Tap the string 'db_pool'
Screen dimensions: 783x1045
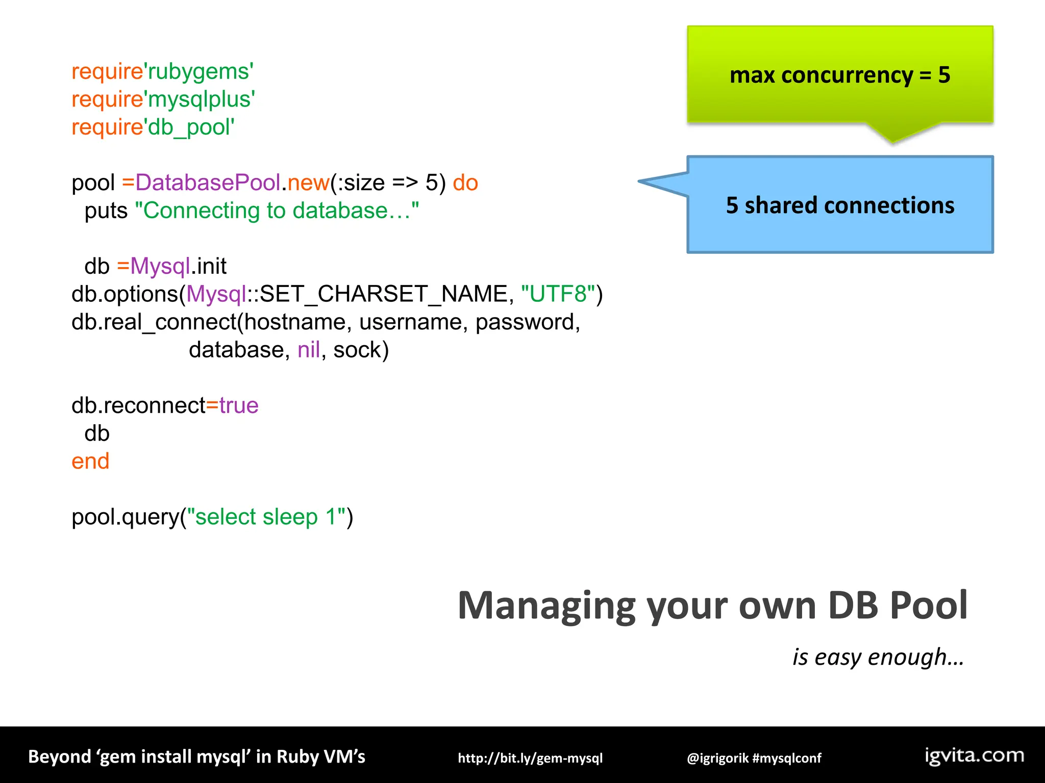click(190, 127)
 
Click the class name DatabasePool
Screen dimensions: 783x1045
click(208, 183)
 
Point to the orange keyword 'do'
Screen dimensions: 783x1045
click(465, 183)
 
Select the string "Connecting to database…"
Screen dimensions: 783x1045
click(276, 211)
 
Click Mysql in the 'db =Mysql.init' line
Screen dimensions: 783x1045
click(160, 267)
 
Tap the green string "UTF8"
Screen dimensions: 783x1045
click(558, 295)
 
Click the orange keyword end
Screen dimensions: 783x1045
click(90, 462)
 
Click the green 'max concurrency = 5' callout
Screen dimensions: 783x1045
click(839, 75)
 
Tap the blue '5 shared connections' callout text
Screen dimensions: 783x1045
click(839, 205)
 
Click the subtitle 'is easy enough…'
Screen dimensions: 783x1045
click(878, 657)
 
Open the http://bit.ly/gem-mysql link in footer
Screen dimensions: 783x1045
click(530, 758)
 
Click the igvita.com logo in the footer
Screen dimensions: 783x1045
click(974, 755)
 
